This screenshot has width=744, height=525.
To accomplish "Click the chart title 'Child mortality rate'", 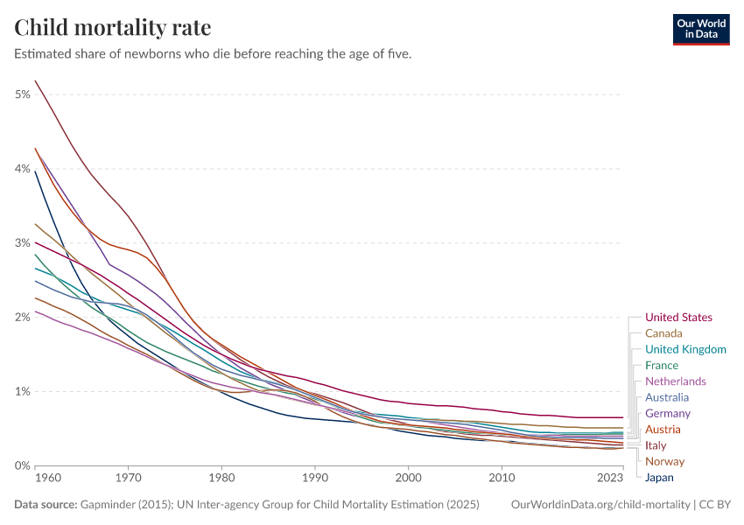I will point(113,27).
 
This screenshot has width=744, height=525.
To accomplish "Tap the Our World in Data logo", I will point(700,29).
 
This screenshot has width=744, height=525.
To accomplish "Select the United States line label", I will point(678,318).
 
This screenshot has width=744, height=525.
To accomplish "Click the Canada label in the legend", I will point(663,333).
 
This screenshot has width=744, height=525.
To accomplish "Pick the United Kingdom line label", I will point(685,349).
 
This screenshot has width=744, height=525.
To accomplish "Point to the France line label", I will point(662,365).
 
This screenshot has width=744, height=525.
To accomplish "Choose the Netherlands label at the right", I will point(675,381).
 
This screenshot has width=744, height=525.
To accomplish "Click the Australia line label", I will point(667,397).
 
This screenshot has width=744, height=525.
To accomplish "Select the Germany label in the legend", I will point(668,413).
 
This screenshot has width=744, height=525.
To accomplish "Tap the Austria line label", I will point(663,430).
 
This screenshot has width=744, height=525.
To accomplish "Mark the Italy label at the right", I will point(656,445).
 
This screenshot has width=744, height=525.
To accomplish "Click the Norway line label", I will point(664,461).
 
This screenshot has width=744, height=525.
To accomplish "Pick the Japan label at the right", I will point(659,478).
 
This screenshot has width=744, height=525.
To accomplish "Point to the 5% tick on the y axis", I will point(23,94).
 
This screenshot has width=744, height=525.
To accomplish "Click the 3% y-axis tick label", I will point(23,242).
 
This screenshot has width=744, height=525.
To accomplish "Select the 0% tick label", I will point(23,465).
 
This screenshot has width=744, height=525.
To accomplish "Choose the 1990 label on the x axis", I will point(315,479).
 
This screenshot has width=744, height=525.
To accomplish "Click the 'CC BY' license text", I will point(715,505).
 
